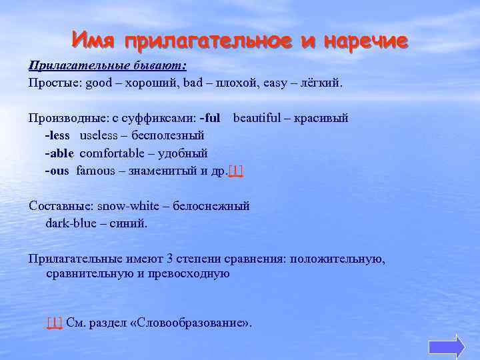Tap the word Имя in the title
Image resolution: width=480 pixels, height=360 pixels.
pyautogui.click(x=95, y=41)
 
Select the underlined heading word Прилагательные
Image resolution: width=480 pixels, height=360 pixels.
pyautogui.click(x=73, y=66)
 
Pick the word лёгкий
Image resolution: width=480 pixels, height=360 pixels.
pyautogui.click(x=319, y=83)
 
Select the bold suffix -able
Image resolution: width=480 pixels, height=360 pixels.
pyautogui.click(x=59, y=153)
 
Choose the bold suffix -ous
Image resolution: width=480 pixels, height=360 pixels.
pyautogui.click(x=57, y=170)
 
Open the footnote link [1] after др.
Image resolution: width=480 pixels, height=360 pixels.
pyautogui.click(x=236, y=171)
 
